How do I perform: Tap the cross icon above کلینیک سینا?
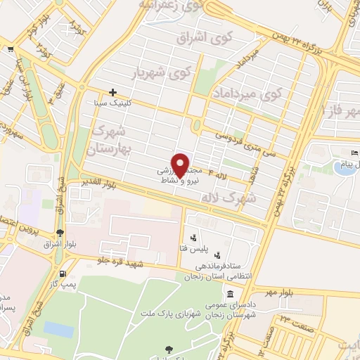coord(112,92)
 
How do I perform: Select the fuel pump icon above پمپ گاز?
coord(64,274)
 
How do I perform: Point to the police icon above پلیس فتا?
coord(193,238)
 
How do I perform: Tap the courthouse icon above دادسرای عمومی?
coord(231,288)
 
